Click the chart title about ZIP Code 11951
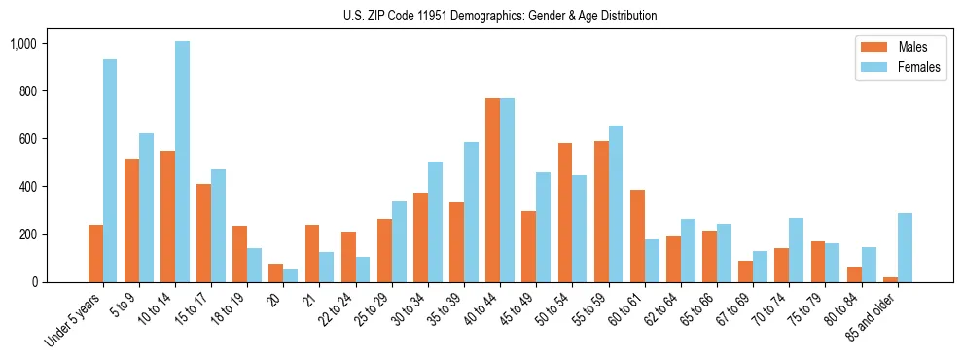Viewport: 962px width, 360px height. pyautogui.click(x=500, y=16)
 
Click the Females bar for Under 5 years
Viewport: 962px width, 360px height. pyautogui.click(x=110, y=171)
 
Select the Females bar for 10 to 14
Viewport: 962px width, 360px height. pyautogui.click(x=182, y=162)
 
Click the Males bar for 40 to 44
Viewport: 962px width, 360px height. pyautogui.click(x=492, y=191)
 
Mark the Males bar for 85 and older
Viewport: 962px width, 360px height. pyautogui.click(x=891, y=279)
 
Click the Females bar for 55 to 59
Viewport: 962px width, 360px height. pyautogui.click(x=616, y=204)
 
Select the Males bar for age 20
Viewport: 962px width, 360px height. pyautogui.click(x=275, y=273)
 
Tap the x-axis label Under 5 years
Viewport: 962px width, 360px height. pyautogui.click(x=73, y=320)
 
